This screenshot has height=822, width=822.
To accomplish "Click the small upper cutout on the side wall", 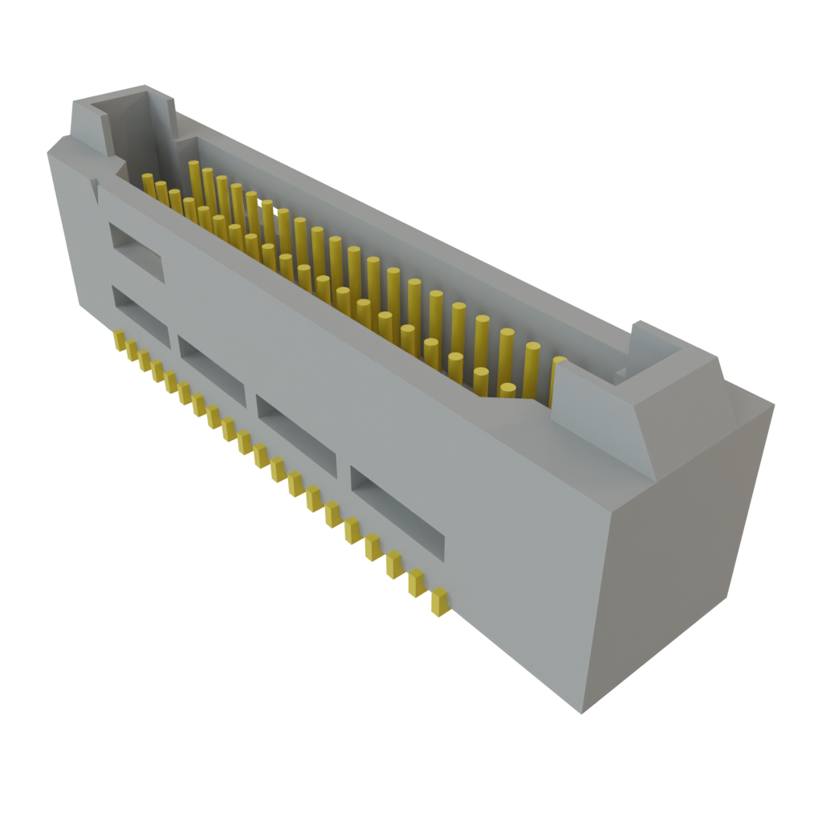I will [x=136, y=251].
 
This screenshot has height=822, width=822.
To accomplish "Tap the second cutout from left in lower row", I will [x=212, y=370].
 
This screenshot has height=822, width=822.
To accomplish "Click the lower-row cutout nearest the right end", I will [x=397, y=514].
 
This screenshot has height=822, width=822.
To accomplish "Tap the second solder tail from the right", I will [x=416, y=583].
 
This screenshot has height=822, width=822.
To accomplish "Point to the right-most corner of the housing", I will [x=774, y=405].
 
